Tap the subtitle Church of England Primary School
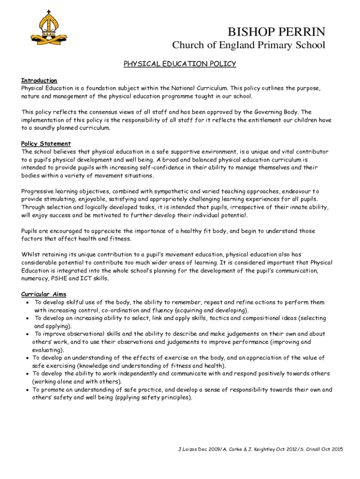coord(249,45)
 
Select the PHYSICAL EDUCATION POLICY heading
coord(180,64)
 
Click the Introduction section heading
coord(39,80)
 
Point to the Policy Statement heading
coord(46,144)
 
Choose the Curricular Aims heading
coord(44,294)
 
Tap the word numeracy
coord(35,279)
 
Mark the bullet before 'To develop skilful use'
coord(28,303)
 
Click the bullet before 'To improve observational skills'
coord(28,334)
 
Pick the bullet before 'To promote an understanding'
coord(28,390)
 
